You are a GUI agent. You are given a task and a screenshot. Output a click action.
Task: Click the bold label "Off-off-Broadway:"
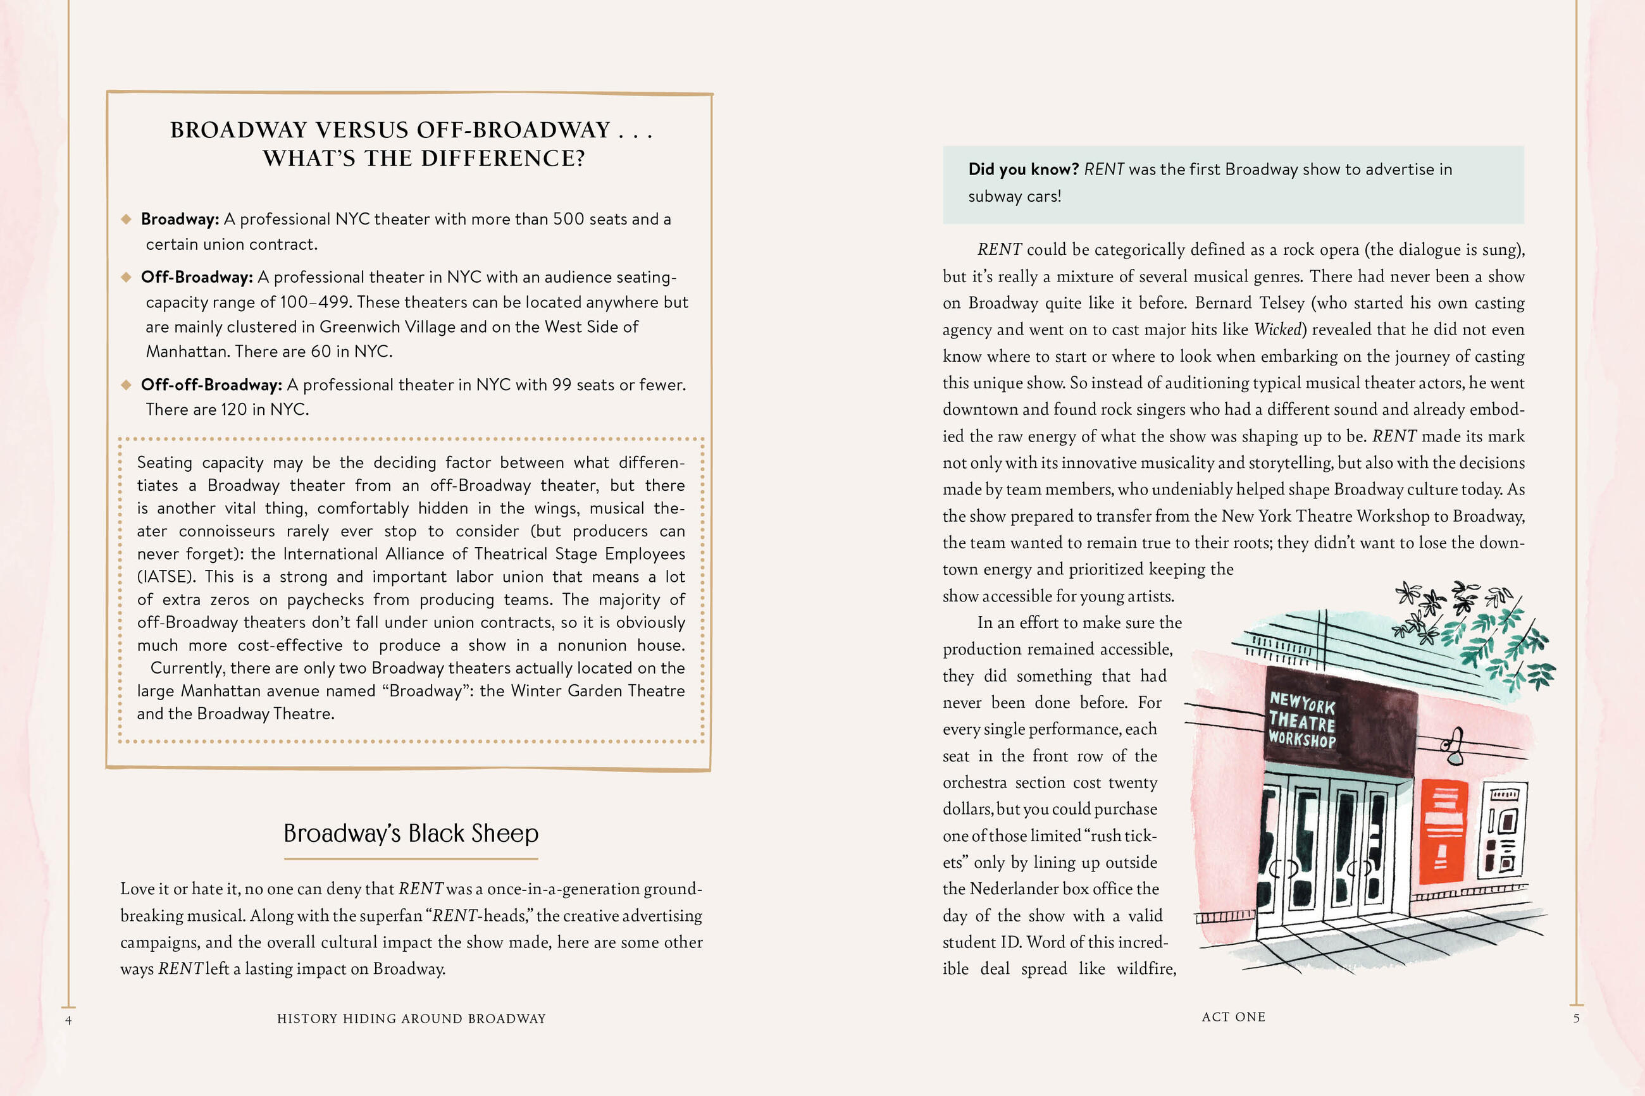211,385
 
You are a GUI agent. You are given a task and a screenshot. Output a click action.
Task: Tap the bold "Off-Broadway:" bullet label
196,278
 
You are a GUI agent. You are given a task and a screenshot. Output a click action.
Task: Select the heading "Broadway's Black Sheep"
411,833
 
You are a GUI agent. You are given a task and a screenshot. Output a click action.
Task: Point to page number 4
68,1021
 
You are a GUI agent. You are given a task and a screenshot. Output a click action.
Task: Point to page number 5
1577,1018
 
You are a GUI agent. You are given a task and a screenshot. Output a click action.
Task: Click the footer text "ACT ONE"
1233,1017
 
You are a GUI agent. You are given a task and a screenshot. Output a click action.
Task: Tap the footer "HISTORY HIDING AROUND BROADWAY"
411,1018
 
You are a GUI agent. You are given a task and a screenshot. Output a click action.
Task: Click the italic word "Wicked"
1277,330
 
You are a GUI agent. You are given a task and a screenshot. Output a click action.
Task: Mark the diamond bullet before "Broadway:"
127,219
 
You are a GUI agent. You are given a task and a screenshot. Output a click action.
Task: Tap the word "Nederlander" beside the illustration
1014,889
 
